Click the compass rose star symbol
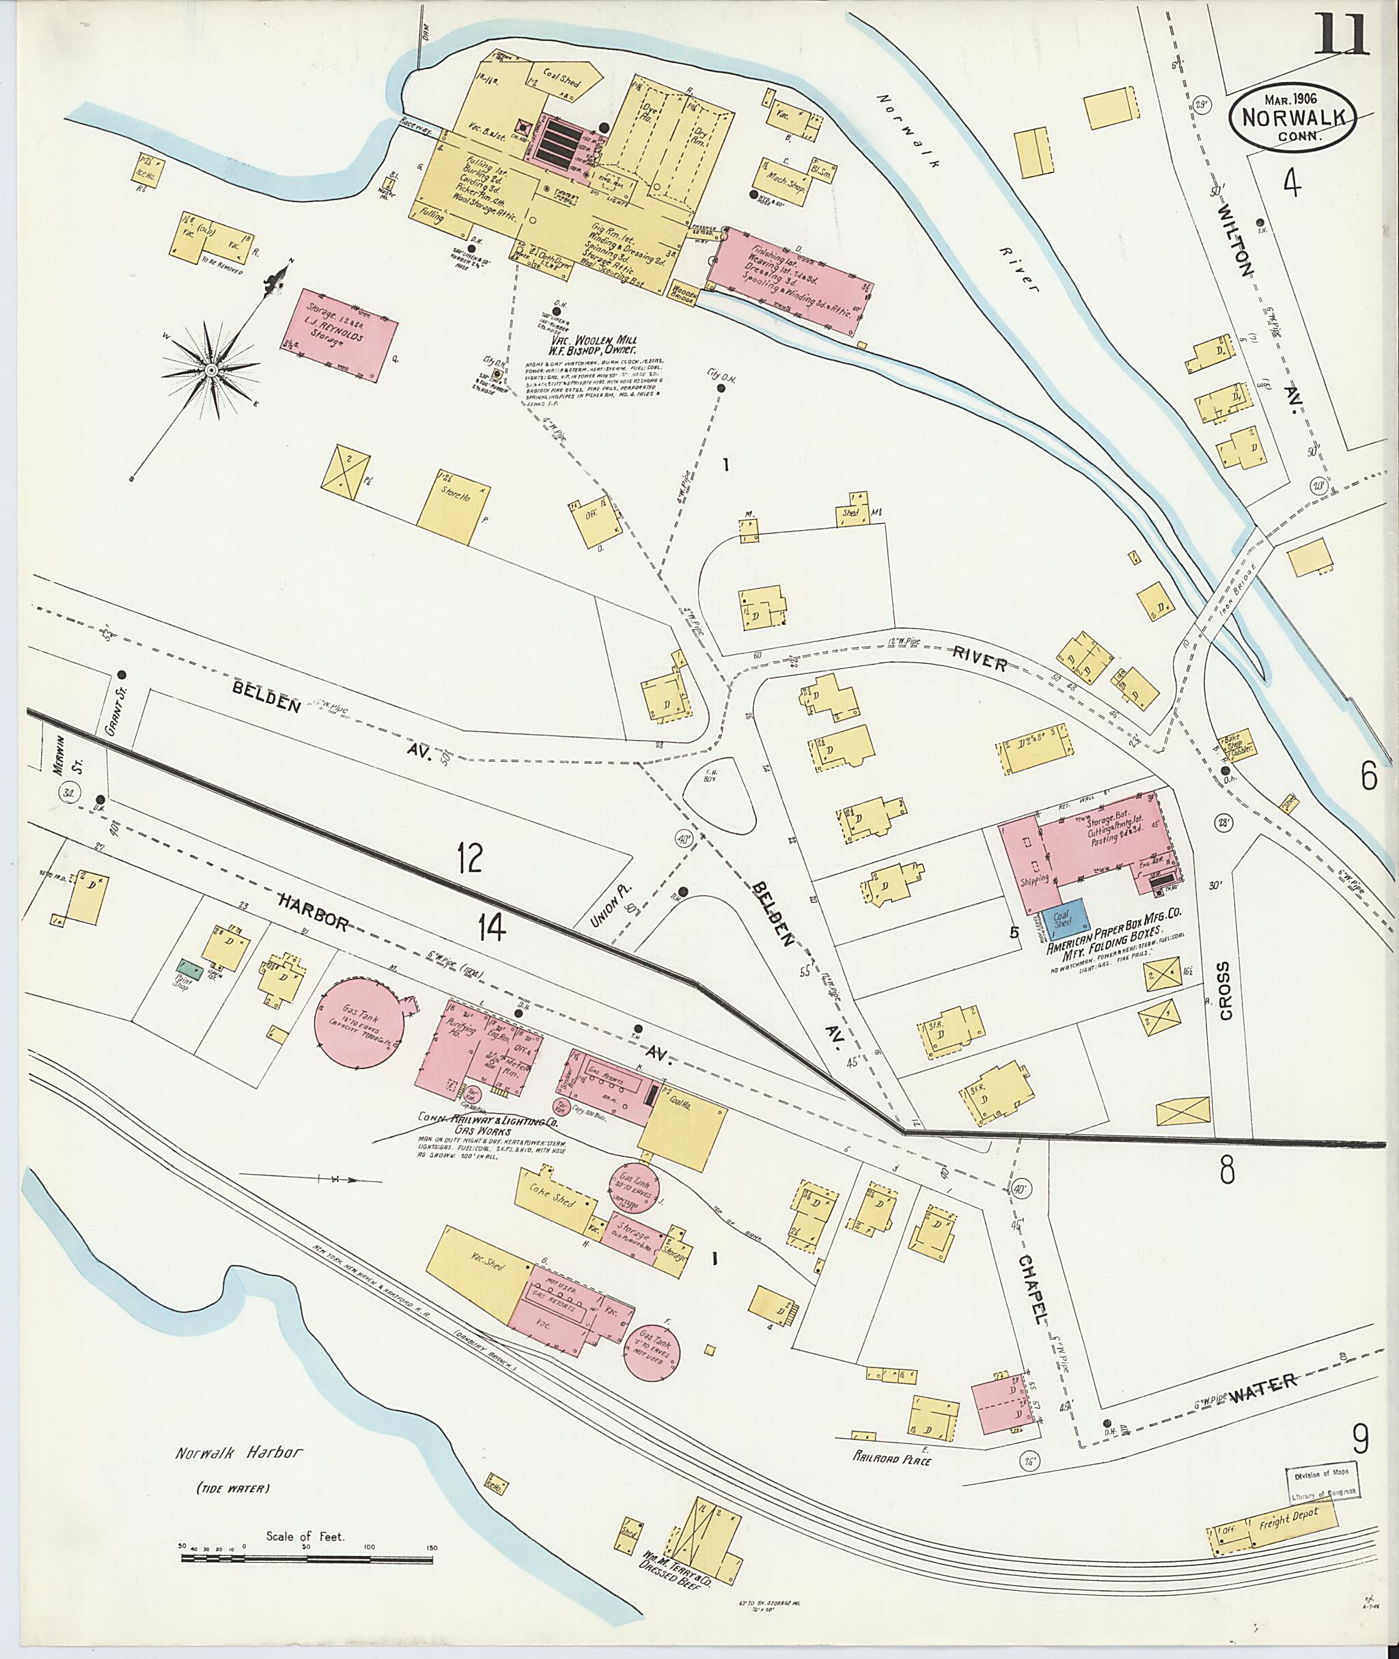(x=211, y=370)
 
